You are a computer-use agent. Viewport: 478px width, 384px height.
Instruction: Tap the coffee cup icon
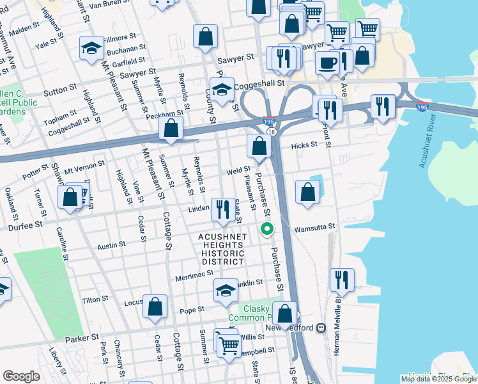click(x=328, y=63)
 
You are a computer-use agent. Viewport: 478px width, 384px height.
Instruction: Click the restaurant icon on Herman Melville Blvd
click(x=342, y=280)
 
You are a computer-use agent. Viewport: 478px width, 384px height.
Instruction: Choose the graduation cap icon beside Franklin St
click(x=226, y=291)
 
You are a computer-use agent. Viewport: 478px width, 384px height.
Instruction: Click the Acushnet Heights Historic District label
click(x=222, y=249)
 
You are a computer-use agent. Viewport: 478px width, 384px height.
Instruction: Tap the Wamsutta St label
click(x=314, y=228)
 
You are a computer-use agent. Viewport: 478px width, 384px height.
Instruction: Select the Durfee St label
click(x=25, y=226)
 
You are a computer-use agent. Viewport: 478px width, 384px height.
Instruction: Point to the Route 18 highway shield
click(x=272, y=131)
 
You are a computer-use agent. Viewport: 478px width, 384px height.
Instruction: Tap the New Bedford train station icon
click(x=321, y=328)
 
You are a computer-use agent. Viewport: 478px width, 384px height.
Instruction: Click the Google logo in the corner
click(x=21, y=376)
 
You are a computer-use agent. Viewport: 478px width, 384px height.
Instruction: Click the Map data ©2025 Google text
click(x=438, y=379)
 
